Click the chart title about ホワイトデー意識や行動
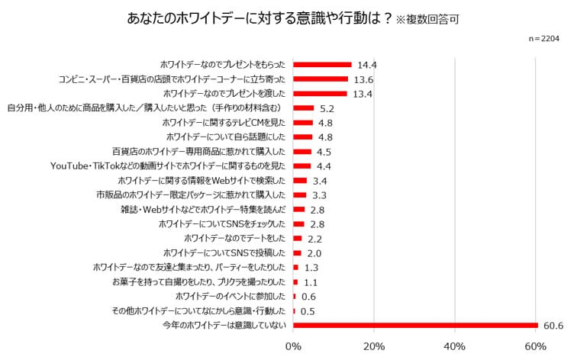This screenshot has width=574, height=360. pyautogui.click(x=259, y=18)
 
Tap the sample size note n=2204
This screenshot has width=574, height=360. pyautogui.click(x=543, y=38)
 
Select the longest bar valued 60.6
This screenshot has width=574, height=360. pyautogui.click(x=415, y=325)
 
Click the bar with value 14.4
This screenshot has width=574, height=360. pyautogui.click(x=322, y=65)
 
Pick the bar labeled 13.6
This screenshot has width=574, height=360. pyautogui.click(x=321, y=79)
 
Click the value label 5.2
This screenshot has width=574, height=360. pyautogui.click(x=327, y=108)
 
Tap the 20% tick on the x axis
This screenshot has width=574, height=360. pyautogui.click(x=374, y=347)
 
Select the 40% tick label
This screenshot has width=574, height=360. pyautogui.click(x=455, y=347)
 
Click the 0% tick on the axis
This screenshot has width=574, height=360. pyautogui.click(x=293, y=347)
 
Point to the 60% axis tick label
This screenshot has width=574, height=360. pyautogui.click(x=536, y=347)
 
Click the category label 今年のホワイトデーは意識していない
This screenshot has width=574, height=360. pyautogui.click(x=224, y=325)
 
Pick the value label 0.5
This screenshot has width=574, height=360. pyautogui.click(x=308, y=310)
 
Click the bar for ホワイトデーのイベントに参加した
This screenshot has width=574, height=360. pyautogui.click(x=294, y=296)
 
